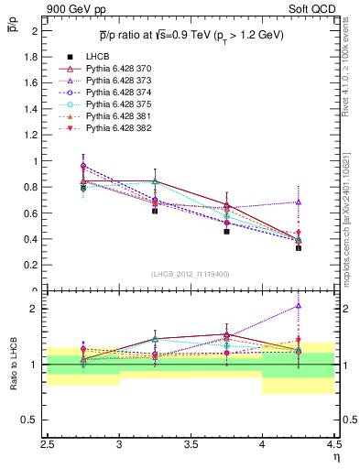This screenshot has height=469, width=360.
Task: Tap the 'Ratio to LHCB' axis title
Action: (x=14, y=365)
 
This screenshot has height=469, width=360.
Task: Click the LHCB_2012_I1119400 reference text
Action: (x=190, y=274)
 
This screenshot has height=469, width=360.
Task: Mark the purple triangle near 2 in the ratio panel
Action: (x=298, y=306)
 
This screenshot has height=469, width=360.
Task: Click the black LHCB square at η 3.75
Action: (x=226, y=232)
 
